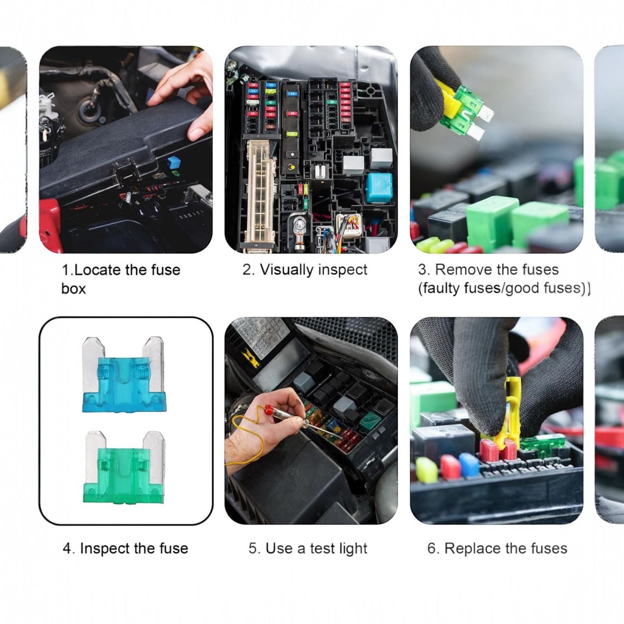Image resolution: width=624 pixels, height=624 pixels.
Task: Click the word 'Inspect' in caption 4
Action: [105, 548]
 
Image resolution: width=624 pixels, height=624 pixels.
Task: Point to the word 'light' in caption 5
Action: [353, 548]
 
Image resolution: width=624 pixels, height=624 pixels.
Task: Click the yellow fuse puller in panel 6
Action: [511, 409]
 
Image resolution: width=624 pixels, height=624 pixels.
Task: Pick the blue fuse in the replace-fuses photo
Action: [469, 464]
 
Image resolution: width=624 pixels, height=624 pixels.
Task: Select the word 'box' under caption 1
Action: [73, 289]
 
